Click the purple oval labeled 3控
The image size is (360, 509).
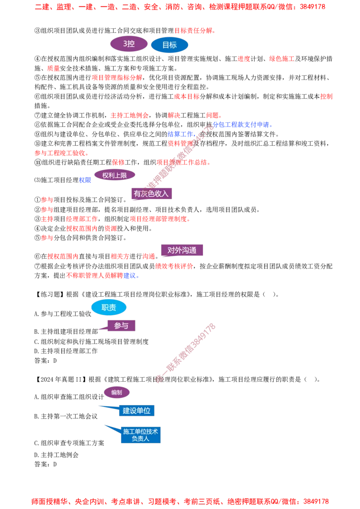(x=129, y=44)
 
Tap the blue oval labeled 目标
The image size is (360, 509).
(x=170, y=45)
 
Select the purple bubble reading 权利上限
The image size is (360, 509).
(x=114, y=175)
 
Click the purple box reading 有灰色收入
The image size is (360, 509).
(x=151, y=194)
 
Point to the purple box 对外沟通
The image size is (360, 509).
(x=182, y=250)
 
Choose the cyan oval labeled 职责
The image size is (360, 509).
(x=109, y=308)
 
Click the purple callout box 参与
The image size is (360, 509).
(x=121, y=326)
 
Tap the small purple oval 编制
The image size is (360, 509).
(x=117, y=393)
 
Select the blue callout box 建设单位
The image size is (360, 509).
(x=136, y=411)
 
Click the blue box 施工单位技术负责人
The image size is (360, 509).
(x=140, y=435)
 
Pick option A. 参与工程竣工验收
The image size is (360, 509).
(x=63, y=314)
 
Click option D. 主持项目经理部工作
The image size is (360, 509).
(x=66, y=351)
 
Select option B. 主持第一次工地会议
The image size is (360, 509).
(x=66, y=416)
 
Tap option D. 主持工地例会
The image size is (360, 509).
(x=57, y=455)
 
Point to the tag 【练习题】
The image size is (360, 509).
(x=49, y=295)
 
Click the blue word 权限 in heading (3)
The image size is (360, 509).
(x=85, y=180)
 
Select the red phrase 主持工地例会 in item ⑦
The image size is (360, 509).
(x=129, y=115)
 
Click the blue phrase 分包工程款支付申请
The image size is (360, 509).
(x=241, y=125)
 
